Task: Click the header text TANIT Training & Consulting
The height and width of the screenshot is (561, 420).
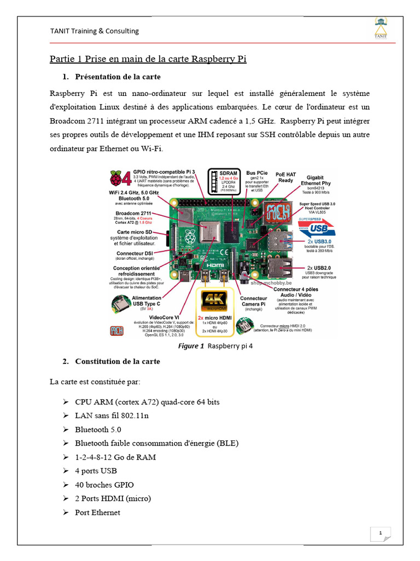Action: pyautogui.click(x=95, y=31)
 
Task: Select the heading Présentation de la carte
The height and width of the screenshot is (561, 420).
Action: pyautogui.click(x=118, y=76)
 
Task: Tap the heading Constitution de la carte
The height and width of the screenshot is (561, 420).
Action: pyautogui.click(x=118, y=361)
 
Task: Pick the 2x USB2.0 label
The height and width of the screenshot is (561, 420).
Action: pyautogui.click(x=318, y=268)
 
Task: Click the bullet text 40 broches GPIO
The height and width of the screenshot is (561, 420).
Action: pyautogui.click(x=104, y=485)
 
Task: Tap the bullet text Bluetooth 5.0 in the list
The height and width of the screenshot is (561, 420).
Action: pyautogui.click(x=98, y=430)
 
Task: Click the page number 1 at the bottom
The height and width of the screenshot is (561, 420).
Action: pyautogui.click(x=380, y=533)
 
